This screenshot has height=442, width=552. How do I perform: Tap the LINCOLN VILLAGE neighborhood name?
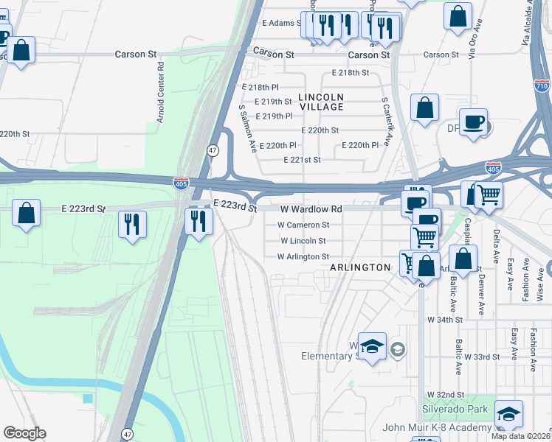click(321, 102)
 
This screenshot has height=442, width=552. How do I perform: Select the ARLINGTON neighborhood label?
click(360, 267)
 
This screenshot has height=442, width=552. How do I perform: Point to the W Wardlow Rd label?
click(311, 209)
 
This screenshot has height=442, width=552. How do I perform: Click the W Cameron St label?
click(303, 225)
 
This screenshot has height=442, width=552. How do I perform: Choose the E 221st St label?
click(303, 160)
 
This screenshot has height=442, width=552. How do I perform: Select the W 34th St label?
click(444, 320)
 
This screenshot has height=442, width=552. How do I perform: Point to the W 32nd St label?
click(444, 395)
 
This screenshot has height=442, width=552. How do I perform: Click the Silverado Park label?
click(455, 409)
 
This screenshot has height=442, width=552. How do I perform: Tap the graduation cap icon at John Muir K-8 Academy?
click(508, 415)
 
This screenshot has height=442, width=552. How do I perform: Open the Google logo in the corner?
click(24, 433)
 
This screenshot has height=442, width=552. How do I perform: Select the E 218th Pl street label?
click(260, 87)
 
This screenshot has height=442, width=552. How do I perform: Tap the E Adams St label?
click(280, 24)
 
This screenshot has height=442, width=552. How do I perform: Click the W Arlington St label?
click(303, 257)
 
